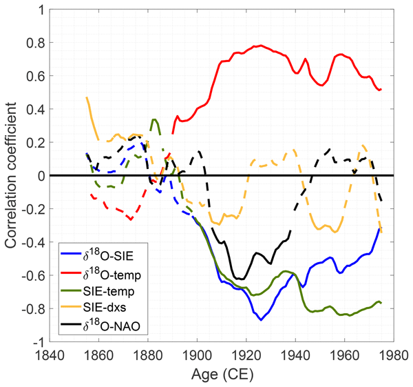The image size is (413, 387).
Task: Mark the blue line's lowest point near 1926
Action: tap(261, 320)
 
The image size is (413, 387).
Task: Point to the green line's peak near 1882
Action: tap(153, 119)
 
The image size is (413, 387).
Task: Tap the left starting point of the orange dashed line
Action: tap(87, 97)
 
